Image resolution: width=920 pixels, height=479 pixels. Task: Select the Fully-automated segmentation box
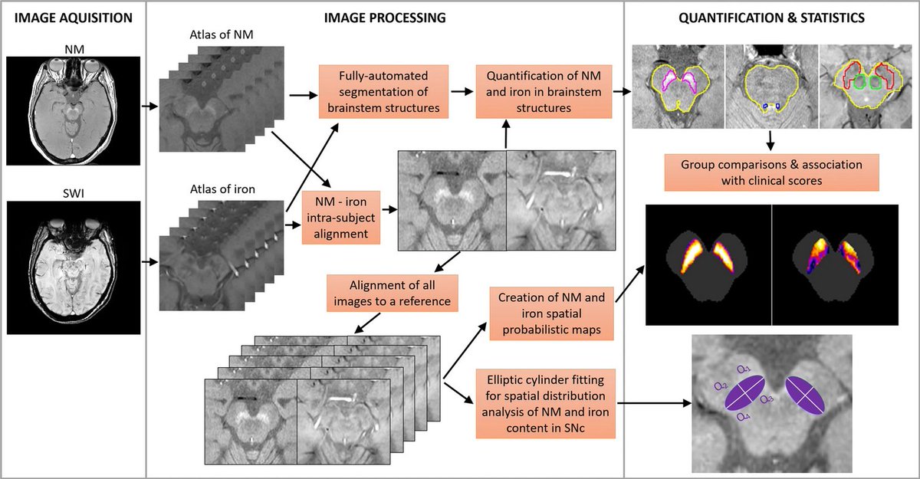coord(383,90)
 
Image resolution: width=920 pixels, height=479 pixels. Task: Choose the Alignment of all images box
coord(393,292)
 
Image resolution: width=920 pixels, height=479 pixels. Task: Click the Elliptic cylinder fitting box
coord(546,404)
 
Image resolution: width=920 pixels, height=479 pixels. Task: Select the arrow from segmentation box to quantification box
coord(462,90)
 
